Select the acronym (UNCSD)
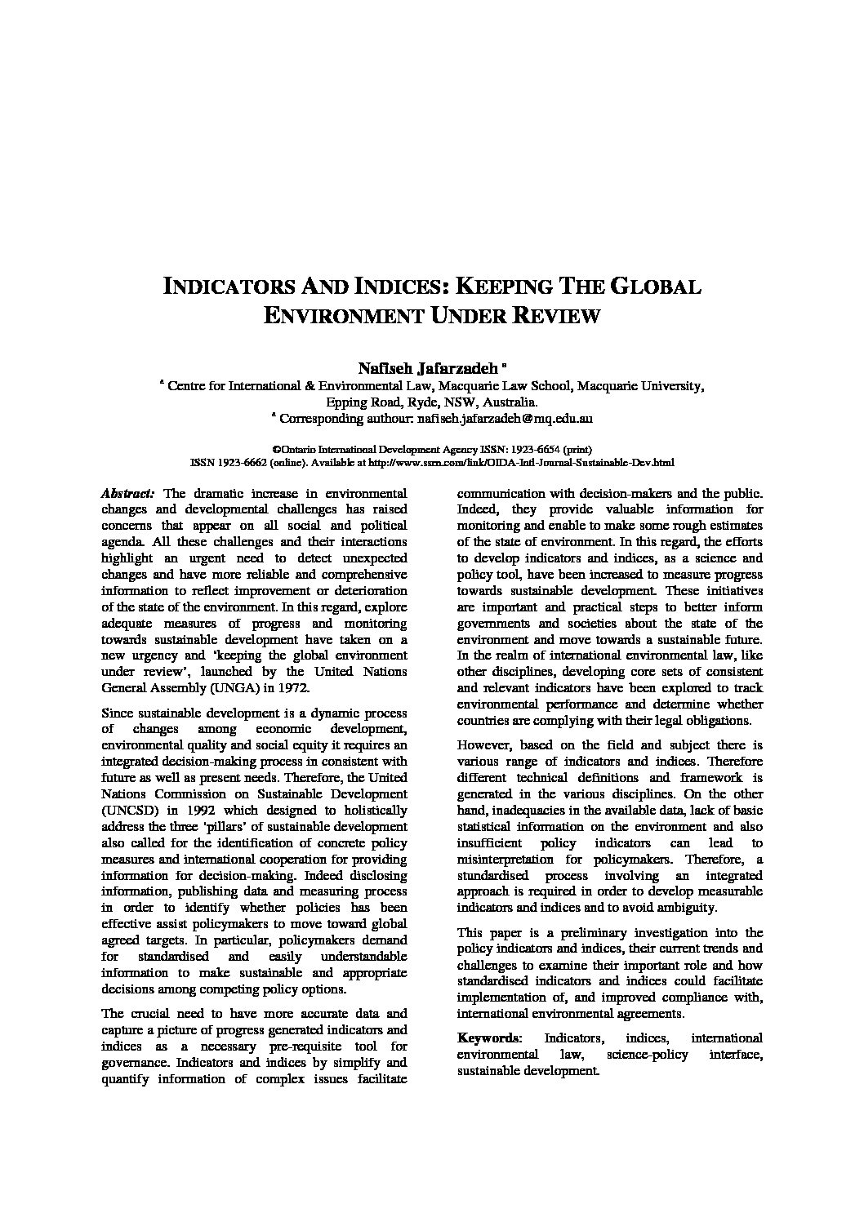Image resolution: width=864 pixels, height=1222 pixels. tap(131, 810)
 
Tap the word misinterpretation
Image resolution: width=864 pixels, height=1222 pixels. tap(514, 859)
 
